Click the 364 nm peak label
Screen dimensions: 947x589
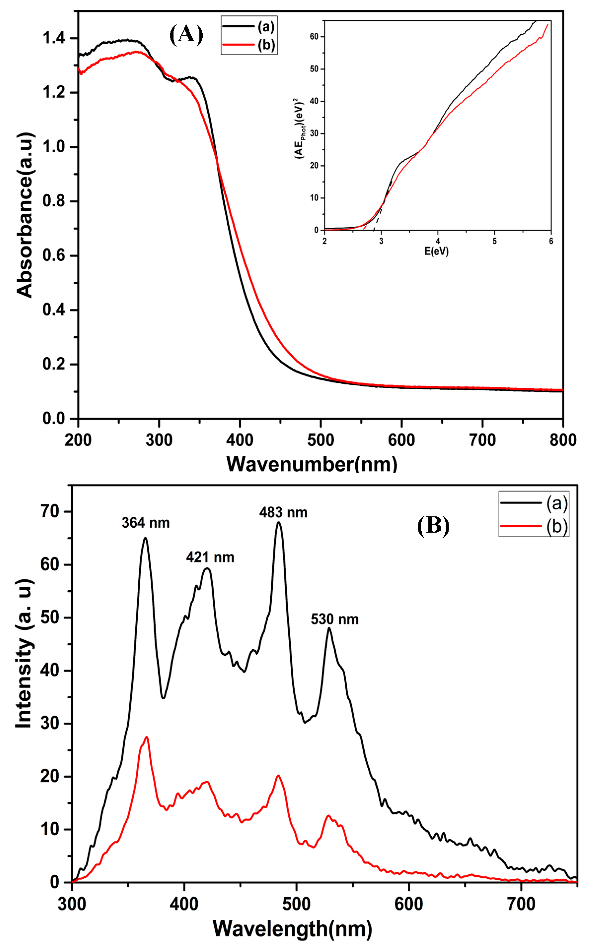(146, 523)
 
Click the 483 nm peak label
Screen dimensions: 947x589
(283, 513)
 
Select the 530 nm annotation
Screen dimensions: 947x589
(335, 619)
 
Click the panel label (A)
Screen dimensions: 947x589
(186, 35)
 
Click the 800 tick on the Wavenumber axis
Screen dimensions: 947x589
(563, 440)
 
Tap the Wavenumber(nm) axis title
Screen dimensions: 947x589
(312, 464)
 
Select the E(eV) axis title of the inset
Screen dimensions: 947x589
(436, 251)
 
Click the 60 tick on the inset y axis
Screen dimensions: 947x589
(314, 37)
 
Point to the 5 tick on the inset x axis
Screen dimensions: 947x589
(494, 241)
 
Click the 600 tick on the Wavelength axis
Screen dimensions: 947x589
(409, 904)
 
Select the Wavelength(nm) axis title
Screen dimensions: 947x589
(292, 929)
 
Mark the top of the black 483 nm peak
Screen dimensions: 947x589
(278, 523)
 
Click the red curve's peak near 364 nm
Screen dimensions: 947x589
(146, 737)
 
